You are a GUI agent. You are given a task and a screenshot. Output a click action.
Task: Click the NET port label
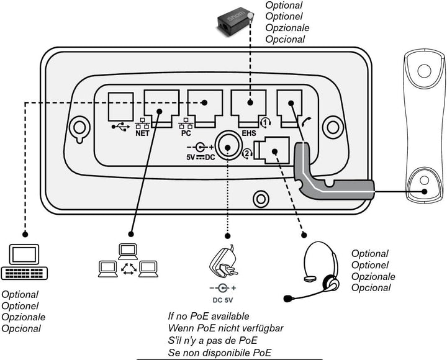pyautogui.click(x=143, y=132)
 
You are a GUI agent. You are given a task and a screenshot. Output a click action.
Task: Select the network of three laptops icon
pyautogui.click(x=127, y=261)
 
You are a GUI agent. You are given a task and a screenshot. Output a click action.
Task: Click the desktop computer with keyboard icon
pyautogui.click(x=24, y=264)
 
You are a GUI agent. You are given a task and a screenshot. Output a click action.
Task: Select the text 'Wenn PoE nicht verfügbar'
pyautogui.click(x=222, y=328)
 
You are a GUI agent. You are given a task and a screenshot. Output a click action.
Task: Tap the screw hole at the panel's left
pyautogui.click(x=79, y=127)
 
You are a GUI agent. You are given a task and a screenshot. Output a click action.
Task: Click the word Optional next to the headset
pyautogui.click(x=370, y=254)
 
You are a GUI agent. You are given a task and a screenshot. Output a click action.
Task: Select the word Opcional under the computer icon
pyautogui.click(x=21, y=328)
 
